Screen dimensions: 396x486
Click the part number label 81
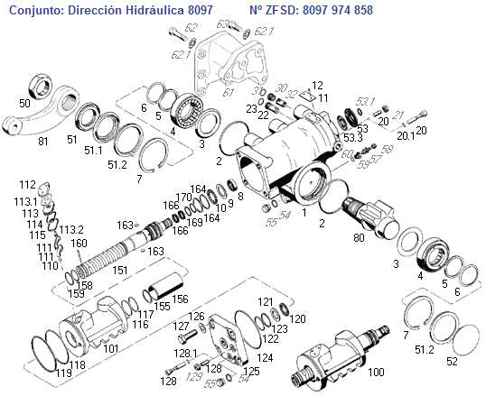tap(43, 141)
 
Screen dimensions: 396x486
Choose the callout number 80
tap(360, 238)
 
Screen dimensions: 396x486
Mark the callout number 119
tap(64, 372)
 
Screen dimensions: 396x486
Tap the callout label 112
tap(27, 184)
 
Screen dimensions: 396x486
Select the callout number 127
tap(181, 327)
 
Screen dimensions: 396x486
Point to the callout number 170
tap(183, 197)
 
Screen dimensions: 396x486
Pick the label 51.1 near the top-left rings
tap(94, 151)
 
